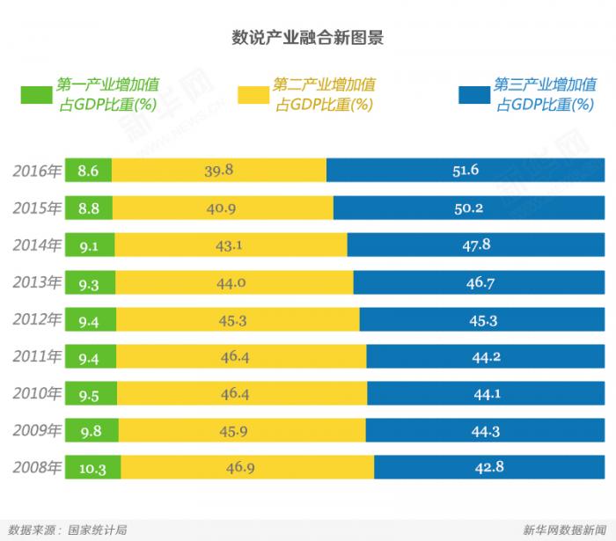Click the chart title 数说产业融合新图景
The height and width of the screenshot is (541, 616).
click(307, 38)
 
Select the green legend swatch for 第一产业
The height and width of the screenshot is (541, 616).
click(36, 95)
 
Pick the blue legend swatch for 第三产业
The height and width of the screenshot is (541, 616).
click(473, 95)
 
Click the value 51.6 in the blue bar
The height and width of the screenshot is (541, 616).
click(466, 170)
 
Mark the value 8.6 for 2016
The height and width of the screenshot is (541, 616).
click(88, 171)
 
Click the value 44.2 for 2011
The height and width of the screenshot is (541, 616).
click(487, 356)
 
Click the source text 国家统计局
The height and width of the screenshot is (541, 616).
click(98, 530)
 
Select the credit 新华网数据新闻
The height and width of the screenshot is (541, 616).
click(563, 530)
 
